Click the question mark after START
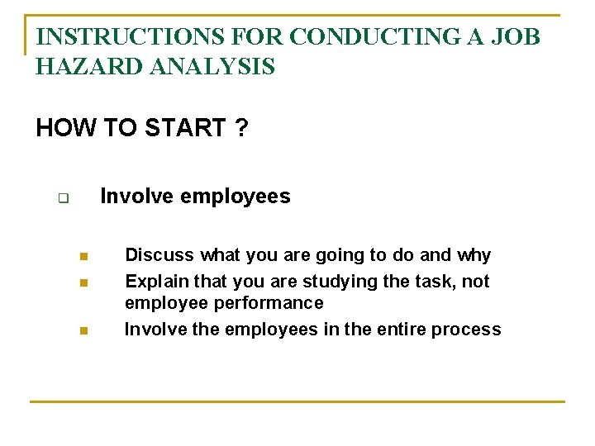[x=240, y=128]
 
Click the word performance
[x=269, y=303]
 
